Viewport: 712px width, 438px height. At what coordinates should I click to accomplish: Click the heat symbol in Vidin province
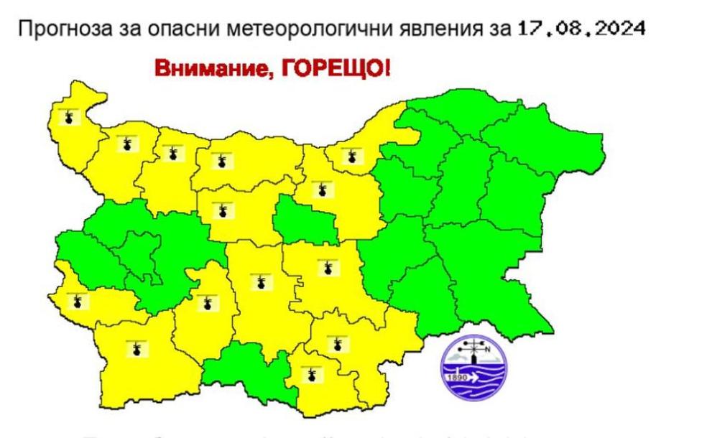[x=69, y=116]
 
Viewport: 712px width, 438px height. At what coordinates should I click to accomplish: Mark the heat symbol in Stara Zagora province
[x=328, y=267]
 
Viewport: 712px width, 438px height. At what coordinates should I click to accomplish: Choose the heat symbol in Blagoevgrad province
[x=135, y=350]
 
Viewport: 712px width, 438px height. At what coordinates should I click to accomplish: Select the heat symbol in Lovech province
[x=223, y=210]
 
